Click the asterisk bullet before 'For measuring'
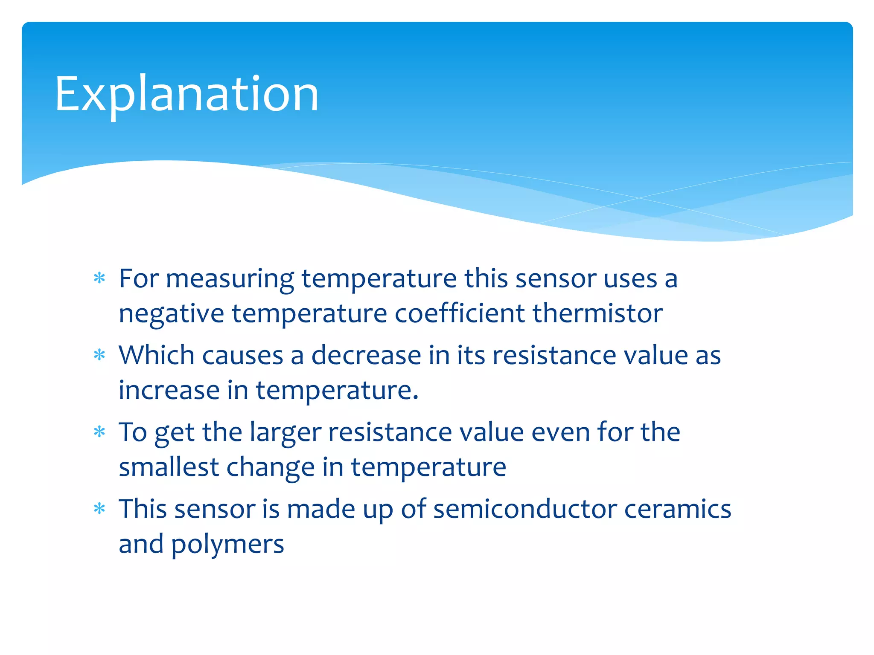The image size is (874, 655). (x=99, y=278)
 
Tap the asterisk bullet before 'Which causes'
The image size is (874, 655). (x=99, y=355)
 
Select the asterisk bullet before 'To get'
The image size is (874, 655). (x=99, y=432)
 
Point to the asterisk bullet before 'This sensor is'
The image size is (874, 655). (x=99, y=508)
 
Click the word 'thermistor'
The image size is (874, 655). (x=597, y=313)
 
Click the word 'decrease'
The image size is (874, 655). (x=366, y=355)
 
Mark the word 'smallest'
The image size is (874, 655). (x=169, y=467)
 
